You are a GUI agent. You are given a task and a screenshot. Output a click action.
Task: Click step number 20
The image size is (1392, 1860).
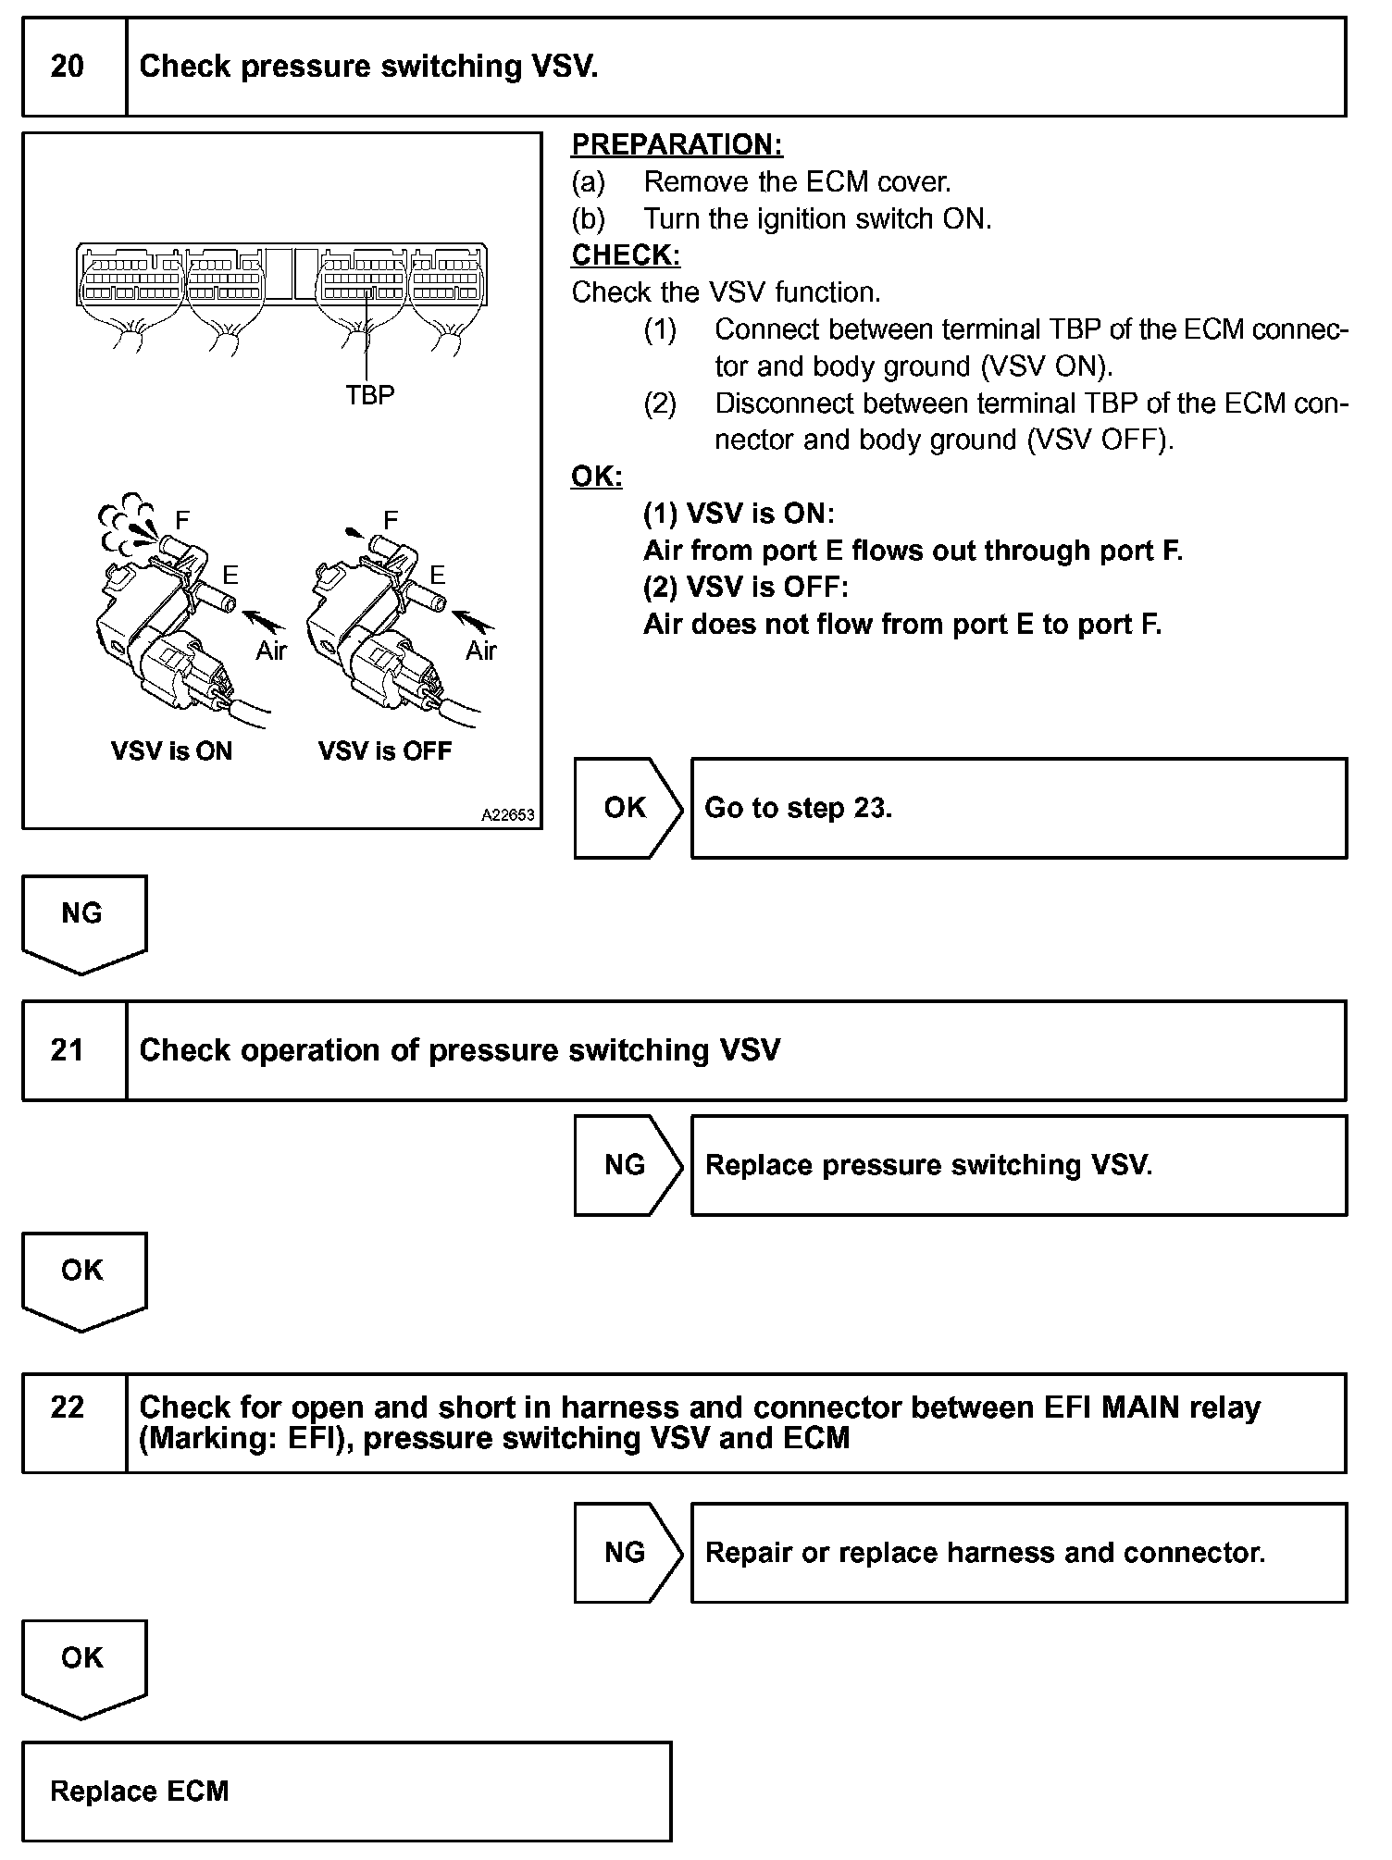[x=67, y=67]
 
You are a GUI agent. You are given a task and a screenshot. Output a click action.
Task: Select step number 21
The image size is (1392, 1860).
[x=67, y=1050]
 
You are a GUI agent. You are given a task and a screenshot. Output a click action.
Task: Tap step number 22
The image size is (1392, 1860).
[x=67, y=1407]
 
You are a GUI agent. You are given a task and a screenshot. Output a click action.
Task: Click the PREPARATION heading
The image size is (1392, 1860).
[x=677, y=144]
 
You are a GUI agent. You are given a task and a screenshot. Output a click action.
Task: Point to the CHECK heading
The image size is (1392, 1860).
[x=626, y=255]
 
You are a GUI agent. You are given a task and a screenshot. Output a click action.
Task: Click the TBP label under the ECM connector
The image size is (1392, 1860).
[x=369, y=395]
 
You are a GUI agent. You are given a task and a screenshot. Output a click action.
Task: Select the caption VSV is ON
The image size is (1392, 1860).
[x=171, y=750]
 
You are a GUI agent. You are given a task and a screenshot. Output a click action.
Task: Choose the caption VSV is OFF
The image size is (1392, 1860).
[x=385, y=750]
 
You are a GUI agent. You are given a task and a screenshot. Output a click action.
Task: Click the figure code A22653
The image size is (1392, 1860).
[x=507, y=815]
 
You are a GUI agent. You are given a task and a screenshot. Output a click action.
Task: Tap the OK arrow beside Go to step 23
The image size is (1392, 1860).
[x=626, y=808]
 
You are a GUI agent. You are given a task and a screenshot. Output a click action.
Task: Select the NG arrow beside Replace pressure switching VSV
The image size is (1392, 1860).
[x=626, y=1165]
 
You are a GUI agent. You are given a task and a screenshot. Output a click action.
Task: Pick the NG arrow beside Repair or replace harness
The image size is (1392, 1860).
[x=626, y=1552]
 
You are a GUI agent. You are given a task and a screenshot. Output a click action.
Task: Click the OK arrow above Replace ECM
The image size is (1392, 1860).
[x=82, y=1658]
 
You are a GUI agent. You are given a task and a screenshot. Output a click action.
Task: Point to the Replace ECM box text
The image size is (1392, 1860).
[x=139, y=1791]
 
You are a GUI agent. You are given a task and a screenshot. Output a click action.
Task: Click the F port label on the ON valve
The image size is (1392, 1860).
[x=182, y=520]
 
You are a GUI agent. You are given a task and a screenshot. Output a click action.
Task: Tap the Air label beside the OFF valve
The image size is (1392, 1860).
[x=480, y=651]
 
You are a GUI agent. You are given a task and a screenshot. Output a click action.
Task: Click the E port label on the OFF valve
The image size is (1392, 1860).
[x=437, y=576]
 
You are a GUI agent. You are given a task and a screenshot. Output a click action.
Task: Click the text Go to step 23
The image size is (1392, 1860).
[x=798, y=808]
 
